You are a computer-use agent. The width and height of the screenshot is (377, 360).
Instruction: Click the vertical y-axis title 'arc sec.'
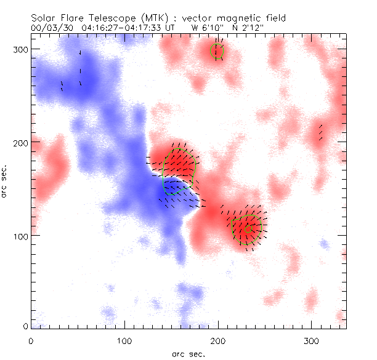(5, 182)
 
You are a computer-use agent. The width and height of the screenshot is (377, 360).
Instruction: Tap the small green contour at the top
(216, 51)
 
